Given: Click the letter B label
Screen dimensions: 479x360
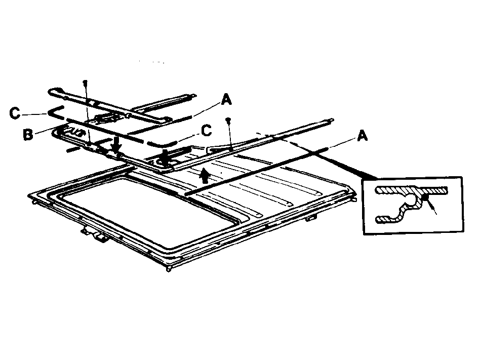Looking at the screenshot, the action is pyautogui.click(x=28, y=134).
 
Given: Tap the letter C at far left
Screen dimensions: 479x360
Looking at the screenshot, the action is pyautogui.click(x=15, y=113).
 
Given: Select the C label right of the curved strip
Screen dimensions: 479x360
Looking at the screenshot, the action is pyautogui.click(x=207, y=131).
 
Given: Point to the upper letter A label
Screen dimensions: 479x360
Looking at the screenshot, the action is pyautogui.click(x=226, y=100).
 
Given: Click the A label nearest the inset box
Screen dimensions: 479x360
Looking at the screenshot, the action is pyautogui.click(x=362, y=136).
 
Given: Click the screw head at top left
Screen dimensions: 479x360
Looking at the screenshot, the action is pyautogui.click(x=85, y=82).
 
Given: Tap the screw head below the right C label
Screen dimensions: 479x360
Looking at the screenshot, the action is pyautogui.click(x=227, y=119).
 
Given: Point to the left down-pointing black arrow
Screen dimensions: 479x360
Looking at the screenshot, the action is pyautogui.click(x=116, y=145).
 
